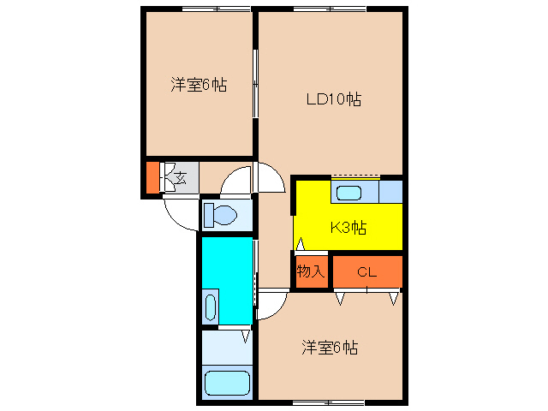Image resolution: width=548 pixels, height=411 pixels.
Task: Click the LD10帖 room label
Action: (334, 99)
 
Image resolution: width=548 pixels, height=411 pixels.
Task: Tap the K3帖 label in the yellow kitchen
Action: (349, 228)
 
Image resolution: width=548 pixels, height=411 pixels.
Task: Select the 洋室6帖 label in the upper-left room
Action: (199, 85)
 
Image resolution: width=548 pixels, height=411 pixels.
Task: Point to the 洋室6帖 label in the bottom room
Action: (329, 348)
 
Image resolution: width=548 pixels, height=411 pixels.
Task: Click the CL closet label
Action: (366, 273)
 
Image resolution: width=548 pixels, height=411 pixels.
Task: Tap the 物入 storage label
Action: (311, 272)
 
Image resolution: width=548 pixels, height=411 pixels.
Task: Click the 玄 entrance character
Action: (180, 178)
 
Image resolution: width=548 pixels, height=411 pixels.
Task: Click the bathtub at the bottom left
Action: (227, 383)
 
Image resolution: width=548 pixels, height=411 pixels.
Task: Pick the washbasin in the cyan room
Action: (211, 307)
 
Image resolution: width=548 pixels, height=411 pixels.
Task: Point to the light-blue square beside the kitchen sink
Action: (390, 191)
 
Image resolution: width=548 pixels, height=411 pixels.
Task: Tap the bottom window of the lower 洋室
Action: (329, 402)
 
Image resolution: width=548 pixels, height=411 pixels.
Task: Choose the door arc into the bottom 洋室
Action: (271, 307)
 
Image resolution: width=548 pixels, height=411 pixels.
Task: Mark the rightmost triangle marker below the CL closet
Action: (394, 299)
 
